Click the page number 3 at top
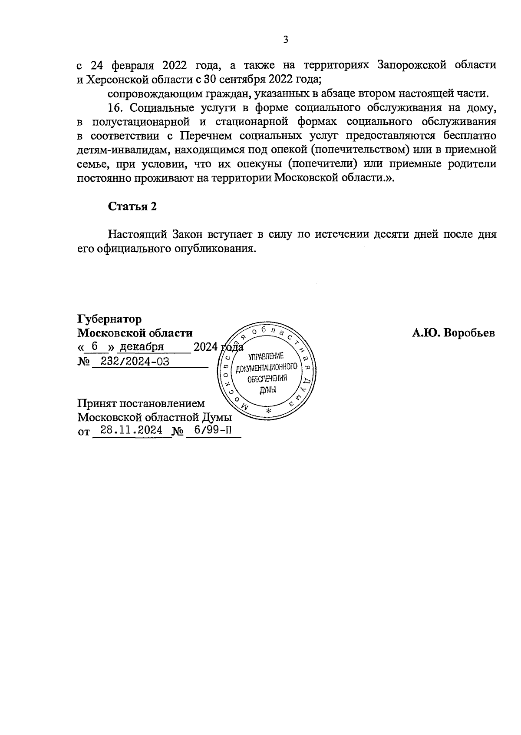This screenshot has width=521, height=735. (x=285, y=40)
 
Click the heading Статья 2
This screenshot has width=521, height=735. (x=132, y=206)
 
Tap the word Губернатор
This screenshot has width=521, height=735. (x=109, y=319)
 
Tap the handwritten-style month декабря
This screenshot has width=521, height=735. (x=142, y=347)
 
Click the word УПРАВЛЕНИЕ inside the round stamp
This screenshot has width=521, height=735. (x=266, y=357)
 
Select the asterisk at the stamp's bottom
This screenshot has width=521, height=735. (x=268, y=411)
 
